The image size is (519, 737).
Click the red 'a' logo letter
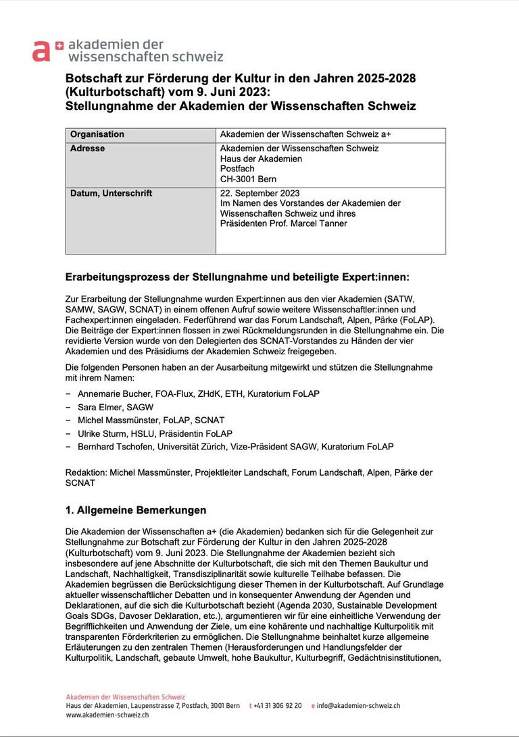tap(41, 51)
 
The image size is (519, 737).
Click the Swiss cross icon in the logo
tap(59, 45)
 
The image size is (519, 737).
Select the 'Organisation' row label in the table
tap(97, 134)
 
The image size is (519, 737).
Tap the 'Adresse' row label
tap(87, 148)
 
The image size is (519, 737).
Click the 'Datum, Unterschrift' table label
tap(111, 193)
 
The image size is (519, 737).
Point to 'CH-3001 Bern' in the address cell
tap(248, 179)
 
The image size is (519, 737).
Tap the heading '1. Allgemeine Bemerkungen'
tap(136, 510)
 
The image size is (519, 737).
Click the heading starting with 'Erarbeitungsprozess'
tap(237, 277)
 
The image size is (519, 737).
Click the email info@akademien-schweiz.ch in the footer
tap(358, 705)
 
